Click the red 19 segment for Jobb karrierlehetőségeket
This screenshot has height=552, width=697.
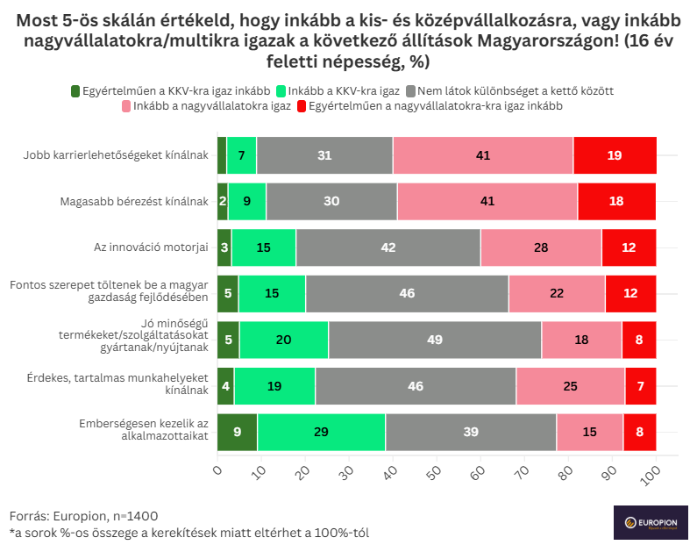(615, 155)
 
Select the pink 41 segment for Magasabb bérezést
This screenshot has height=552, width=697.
(487, 201)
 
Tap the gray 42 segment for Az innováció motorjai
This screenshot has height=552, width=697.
(388, 247)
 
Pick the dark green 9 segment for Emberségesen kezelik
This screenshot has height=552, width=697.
(238, 432)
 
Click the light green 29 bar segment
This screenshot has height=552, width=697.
(321, 432)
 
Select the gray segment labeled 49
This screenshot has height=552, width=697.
(435, 340)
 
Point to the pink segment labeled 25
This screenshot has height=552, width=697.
(570, 386)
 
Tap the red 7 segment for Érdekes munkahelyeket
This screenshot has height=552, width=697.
(640, 386)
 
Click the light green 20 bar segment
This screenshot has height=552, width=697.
(284, 340)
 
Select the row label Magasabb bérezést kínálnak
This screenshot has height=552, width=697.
(134, 201)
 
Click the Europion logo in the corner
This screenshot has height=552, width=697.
(650, 522)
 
